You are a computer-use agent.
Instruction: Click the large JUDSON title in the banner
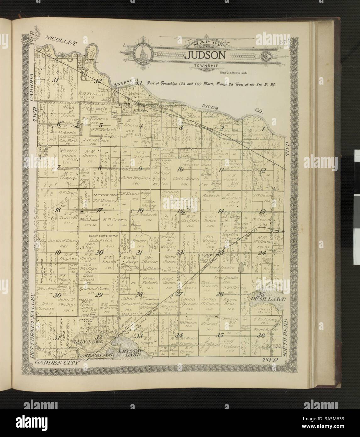tap(205, 55)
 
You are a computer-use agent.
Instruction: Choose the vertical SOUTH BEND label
tap(286, 341)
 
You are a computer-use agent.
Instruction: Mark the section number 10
tap(180, 169)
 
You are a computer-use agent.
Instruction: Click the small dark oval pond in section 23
tap(241, 268)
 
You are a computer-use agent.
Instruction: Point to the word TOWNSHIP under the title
tap(205, 66)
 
